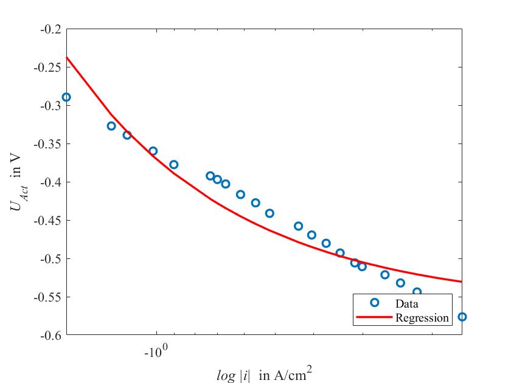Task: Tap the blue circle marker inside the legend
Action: [374, 302]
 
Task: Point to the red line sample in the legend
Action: [374, 317]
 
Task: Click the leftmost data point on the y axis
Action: [66, 97]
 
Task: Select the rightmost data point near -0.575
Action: [462, 317]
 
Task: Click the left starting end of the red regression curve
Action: [67, 57]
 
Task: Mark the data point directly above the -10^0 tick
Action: [153, 151]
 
